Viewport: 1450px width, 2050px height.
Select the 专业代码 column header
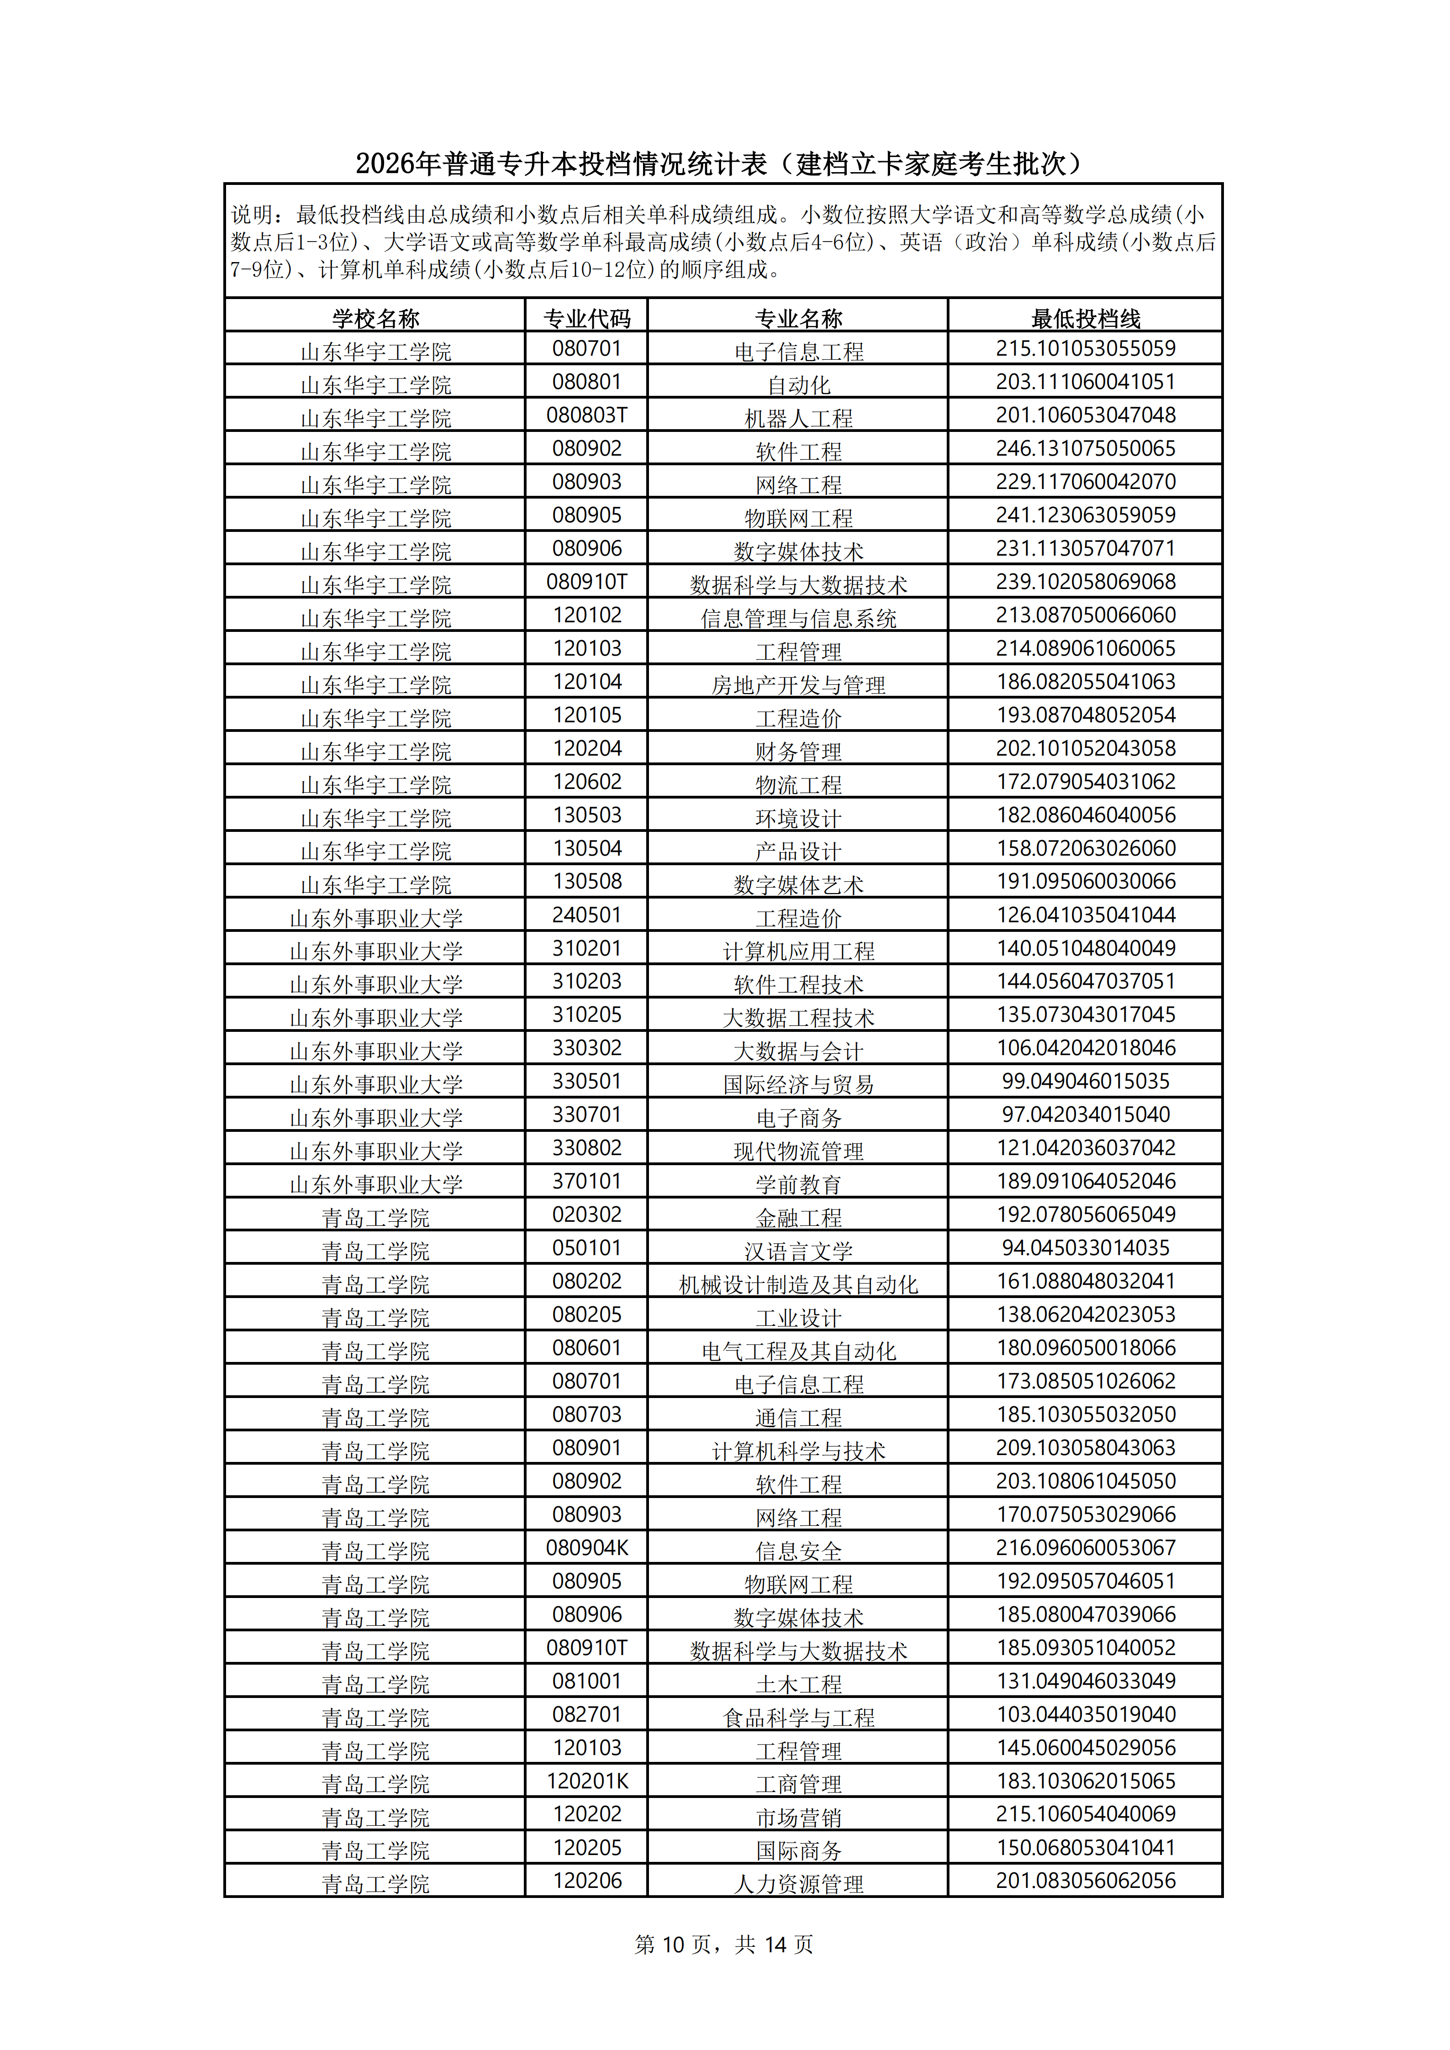[x=586, y=318]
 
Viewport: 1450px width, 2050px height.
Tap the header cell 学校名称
[x=375, y=318]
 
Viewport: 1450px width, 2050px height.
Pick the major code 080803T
[x=586, y=415]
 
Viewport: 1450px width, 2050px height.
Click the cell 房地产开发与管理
[x=798, y=685]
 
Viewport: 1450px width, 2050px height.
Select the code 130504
[x=586, y=848]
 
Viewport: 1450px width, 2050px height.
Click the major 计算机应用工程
[x=798, y=951]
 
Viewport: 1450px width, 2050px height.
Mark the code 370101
[x=586, y=1181]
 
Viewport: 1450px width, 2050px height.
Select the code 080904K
[x=586, y=1547]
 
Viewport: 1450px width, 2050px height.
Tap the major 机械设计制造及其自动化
[x=798, y=1284]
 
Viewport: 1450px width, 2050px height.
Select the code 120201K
[x=586, y=1781]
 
